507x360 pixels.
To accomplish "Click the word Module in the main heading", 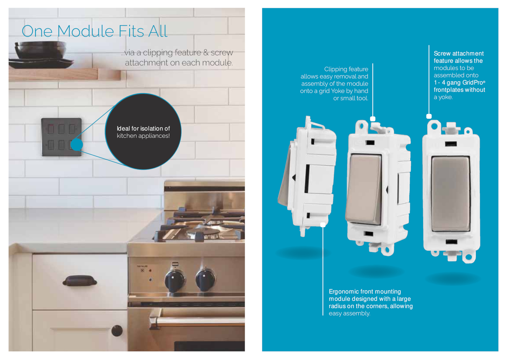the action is click(85, 31).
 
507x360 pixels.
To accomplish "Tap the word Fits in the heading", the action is click(131, 31).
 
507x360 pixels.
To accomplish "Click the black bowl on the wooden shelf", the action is click(41, 49).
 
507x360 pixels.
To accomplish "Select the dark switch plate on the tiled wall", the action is click(61, 137).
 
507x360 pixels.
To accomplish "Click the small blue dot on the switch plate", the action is click(77, 145).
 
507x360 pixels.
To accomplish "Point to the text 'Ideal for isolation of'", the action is click(143, 128).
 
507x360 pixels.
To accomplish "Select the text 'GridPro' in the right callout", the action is click(473, 82).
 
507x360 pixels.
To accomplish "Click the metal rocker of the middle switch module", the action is click(364, 189).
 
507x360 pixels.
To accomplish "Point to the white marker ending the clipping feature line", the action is click(373, 119).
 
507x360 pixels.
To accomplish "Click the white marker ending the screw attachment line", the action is click(429, 116).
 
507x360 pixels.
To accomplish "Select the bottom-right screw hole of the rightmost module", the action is click(469, 257).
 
